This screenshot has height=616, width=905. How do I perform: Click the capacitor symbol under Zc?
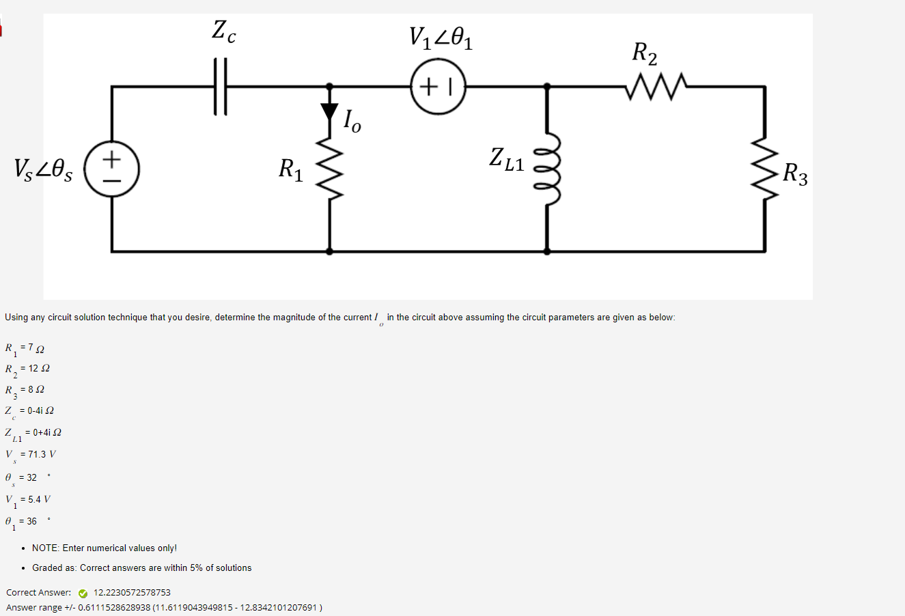tap(219, 87)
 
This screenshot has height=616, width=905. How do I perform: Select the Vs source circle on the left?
tap(111, 169)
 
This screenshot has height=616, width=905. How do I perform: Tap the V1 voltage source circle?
tap(438, 87)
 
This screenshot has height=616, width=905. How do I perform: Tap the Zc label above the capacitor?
tap(223, 31)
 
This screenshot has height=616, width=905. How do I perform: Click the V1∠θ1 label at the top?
tap(441, 38)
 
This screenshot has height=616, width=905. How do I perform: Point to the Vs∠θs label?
tap(43, 169)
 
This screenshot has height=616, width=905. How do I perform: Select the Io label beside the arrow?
tap(352, 121)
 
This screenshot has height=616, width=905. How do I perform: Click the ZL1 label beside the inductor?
tap(506, 159)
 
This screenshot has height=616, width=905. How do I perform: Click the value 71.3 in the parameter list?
tap(38, 454)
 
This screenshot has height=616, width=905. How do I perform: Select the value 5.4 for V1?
tap(35, 499)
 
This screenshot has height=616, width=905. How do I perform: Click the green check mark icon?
tap(83, 593)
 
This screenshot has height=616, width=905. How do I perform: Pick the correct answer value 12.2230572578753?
tap(132, 593)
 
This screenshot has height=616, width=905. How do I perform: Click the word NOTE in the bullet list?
tap(45, 548)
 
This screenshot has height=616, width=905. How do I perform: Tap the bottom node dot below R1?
tap(330, 251)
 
